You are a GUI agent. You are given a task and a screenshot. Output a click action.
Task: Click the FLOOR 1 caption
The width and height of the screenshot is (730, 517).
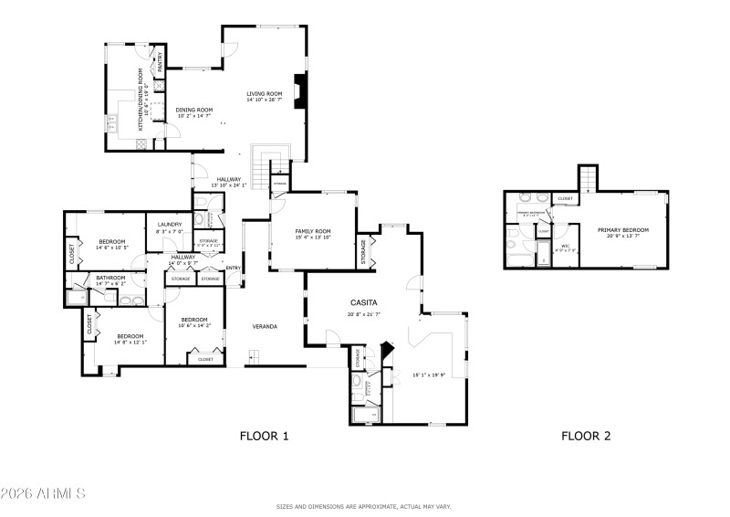264,437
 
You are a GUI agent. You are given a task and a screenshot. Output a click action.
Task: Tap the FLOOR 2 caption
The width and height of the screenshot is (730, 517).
586,437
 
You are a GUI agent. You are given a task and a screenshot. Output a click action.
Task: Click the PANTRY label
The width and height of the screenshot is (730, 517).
161,62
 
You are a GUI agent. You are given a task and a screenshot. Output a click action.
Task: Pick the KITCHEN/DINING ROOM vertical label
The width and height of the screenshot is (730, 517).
141,100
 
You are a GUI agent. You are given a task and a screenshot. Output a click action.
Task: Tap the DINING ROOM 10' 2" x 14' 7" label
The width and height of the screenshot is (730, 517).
194,113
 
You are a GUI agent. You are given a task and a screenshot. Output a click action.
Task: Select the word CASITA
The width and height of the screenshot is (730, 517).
363,302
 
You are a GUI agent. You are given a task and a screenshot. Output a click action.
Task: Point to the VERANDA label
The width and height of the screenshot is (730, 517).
265,326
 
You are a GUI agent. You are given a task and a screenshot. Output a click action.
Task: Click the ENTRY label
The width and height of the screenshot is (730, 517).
233,268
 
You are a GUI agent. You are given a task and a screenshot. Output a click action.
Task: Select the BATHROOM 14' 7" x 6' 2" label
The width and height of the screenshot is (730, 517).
110,280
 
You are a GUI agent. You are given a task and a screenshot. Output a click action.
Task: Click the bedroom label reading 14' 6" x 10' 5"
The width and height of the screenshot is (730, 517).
112,245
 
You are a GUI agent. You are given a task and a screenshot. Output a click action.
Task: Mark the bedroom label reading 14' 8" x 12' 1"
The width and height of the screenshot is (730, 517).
130,339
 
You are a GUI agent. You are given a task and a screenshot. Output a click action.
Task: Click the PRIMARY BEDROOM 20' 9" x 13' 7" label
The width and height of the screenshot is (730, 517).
623,233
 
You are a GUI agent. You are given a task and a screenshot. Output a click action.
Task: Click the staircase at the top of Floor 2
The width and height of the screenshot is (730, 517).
589,178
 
